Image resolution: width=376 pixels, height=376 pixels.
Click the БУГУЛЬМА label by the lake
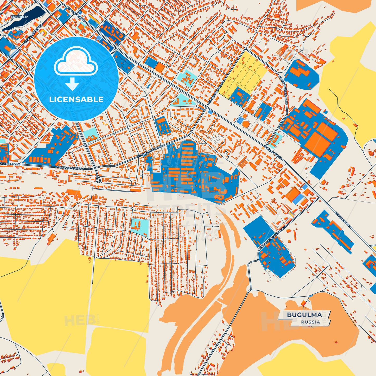(x=19, y=17)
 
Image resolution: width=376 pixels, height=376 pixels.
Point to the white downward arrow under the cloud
(x=72, y=85)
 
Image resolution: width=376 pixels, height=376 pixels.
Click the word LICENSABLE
(x=76, y=99)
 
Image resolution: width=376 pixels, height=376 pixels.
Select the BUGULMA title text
(x=304, y=315)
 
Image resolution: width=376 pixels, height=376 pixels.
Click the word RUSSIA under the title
(x=310, y=322)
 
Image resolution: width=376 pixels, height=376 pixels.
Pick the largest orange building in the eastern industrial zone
(x=317, y=143)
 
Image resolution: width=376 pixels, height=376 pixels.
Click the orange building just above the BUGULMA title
(x=303, y=303)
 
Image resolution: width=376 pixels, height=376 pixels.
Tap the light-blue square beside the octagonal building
(x=239, y=120)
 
